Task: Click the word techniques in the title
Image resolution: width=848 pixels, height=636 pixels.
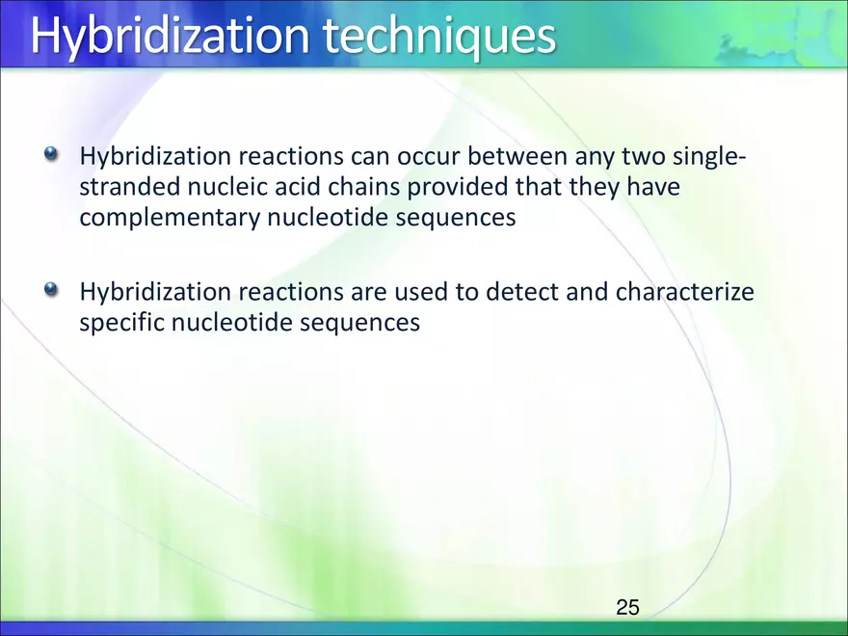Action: tap(439, 36)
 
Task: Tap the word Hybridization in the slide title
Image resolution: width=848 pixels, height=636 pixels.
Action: tap(171, 36)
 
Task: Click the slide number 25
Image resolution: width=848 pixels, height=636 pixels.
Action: tap(627, 607)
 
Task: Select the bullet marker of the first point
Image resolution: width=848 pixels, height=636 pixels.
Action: tap(51, 154)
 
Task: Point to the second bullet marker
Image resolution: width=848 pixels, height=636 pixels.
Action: tap(51, 289)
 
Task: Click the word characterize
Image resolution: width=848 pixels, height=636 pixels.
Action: tap(685, 291)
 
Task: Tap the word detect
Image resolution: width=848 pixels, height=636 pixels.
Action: tap(522, 291)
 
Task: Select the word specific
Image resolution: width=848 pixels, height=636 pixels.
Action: tap(122, 323)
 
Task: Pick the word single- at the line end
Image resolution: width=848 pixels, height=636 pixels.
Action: tap(709, 156)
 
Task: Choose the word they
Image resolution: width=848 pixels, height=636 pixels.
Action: tap(594, 187)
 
